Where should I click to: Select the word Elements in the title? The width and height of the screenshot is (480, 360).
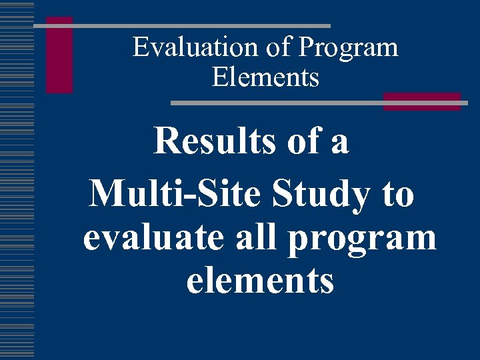(x=266, y=78)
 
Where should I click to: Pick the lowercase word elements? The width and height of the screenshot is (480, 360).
(x=260, y=281)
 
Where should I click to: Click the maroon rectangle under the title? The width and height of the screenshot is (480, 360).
(x=422, y=101)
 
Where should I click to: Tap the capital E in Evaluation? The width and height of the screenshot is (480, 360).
(x=139, y=48)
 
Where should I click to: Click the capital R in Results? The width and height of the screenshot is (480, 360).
(x=165, y=141)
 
